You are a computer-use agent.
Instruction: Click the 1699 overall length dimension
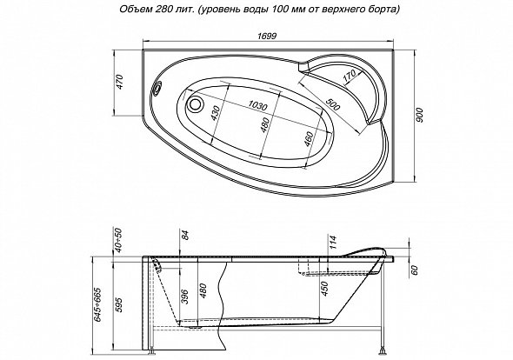pos(267,36)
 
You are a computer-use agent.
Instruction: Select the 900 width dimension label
pos(421,115)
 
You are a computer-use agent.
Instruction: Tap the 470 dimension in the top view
pos(120,82)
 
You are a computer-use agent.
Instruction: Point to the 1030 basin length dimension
pos(257,105)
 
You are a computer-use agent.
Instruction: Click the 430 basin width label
pos(216,112)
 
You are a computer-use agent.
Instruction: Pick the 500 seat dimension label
pos(333,104)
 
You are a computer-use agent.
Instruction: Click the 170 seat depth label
pos(350,77)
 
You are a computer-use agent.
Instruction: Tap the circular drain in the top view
pos(196,103)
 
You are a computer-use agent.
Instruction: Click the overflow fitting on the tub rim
pos(157,88)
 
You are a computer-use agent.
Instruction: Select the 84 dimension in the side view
pos(185,235)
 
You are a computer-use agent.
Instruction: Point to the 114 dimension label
pos(333,243)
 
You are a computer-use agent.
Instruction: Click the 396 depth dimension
pos(185,297)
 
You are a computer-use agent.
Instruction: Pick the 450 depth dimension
pos(324,289)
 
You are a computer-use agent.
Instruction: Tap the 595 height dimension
pos(119,304)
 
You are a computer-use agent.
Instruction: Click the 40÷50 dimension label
pos(119,240)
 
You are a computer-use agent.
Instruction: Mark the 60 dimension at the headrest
pos(415,270)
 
